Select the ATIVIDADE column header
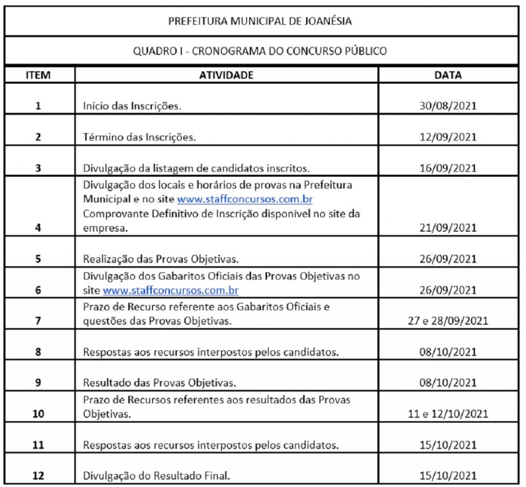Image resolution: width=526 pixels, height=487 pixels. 226,75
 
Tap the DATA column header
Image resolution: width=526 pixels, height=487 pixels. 447,75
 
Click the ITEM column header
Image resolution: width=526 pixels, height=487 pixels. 38,75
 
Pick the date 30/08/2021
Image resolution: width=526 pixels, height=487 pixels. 448,107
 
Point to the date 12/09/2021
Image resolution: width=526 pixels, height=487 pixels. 448,138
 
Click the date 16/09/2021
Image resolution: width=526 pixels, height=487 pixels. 448,168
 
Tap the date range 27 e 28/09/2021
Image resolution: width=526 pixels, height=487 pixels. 448,322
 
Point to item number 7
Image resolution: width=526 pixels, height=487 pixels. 38,322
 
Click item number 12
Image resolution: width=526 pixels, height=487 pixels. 38,476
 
